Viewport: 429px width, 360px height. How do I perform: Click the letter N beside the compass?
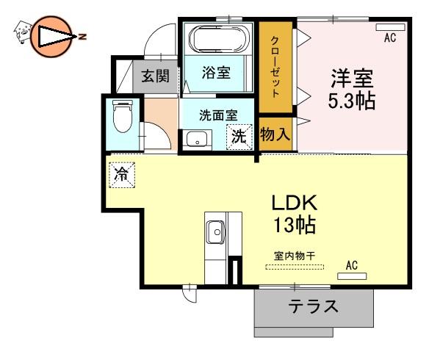click(x=82, y=37)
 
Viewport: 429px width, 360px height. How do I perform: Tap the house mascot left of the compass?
click(x=22, y=32)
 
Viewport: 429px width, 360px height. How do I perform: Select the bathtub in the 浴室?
click(x=218, y=38)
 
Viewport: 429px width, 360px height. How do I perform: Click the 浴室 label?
click(x=216, y=73)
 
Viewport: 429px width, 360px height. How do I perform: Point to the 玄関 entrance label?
click(x=156, y=76)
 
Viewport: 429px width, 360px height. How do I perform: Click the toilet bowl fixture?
click(x=123, y=116)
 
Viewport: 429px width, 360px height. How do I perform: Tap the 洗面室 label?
click(x=218, y=115)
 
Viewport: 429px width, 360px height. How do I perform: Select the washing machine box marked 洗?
click(x=239, y=137)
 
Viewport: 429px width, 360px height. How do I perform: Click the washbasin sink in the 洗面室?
click(x=197, y=139)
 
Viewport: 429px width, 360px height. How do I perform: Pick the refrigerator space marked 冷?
click(x=122, y=175)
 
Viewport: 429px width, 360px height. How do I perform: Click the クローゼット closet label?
click(x=275, y=67)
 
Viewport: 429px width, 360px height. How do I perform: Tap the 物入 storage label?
click(x=275, y=134)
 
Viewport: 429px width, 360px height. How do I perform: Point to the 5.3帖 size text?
click(x=351, y=101)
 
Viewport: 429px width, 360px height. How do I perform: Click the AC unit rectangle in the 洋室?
click(x=390, y=27)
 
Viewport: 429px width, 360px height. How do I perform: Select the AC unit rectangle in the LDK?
click(x=352, y=276)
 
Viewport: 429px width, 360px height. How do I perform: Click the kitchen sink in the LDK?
click(x=216, y=232)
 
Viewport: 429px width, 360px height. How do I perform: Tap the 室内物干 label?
click(x=295, y=256)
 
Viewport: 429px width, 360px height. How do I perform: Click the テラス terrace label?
click(x=314, y=306)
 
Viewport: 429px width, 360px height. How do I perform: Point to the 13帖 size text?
click(x=295, y=225)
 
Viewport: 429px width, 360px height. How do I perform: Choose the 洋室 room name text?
click(x=352, y=79)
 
